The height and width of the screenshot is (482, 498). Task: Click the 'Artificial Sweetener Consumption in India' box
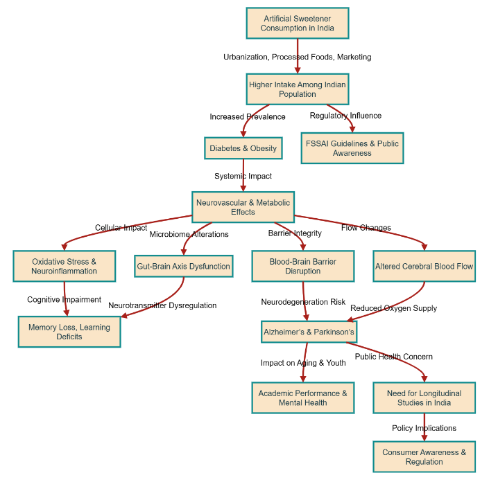pyautogui.click(x=297, y=24)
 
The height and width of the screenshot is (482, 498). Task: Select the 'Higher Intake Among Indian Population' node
pyautogui.click(x=297, y=89)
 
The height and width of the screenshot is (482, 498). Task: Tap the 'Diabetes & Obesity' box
pyautogui.click(x=243, y=148)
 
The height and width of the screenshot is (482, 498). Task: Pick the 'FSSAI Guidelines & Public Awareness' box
pyautogui.click(x=352, y=148)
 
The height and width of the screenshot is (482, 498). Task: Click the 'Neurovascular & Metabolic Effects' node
pyautogui.click(x=243, y=207)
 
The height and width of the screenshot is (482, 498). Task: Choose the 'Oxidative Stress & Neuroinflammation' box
pyautogui.click(x=65, y=266)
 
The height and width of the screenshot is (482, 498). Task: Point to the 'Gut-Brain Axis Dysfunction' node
pyautogui.click(x=183, y=266)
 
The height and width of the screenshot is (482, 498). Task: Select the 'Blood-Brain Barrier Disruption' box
pyautogui.click(x=303, y=266)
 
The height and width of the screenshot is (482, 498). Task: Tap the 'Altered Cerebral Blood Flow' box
pyautogui.click(x=424, y=266)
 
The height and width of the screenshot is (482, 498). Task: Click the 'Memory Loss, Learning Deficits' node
pyautogui.click(x=69, y=332)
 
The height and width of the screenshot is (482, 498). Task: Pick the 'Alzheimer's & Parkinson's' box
pyautogui.click(x=309, y=332)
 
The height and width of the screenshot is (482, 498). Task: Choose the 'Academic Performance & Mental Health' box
pyautogui.click(x=303, y=398)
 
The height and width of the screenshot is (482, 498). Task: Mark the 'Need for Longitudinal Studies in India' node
pyautogui.click(x=424, y=398)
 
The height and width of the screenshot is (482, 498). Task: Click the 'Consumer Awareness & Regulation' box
pyautogui.click(x=424, y=457)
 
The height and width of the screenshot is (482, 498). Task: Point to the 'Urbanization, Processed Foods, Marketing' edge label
pyautogui.click(x=297, y=57)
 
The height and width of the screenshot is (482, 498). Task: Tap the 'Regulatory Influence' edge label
pyautogui.click(x=345, y=116)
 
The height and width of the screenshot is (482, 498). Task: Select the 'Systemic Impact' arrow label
pyautogui.click(x=243, y=176)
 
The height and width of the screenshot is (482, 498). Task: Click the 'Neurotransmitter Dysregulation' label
pyautogui.click(x=162, y=305)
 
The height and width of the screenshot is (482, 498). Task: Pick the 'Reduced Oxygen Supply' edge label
pyautogui.click(x=393, y=308)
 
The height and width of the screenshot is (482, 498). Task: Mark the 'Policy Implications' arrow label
pyautogui.click(x=424, y=428)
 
